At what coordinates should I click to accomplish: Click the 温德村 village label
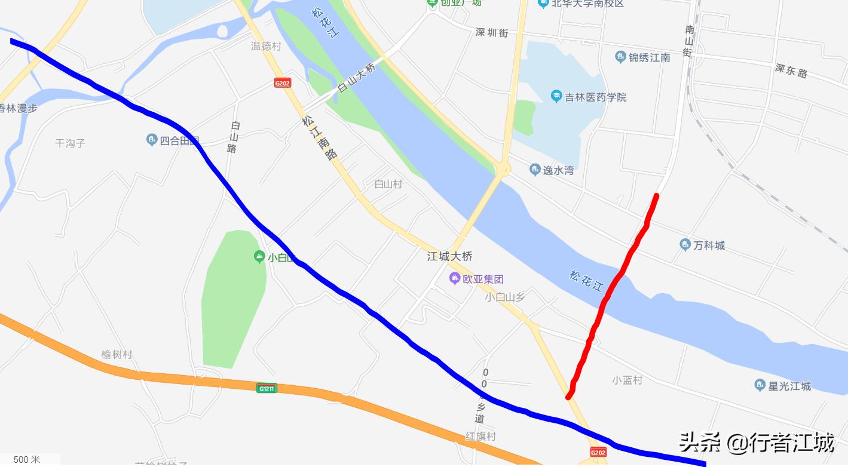tap(266, 46)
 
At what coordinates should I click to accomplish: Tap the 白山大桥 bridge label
tap(357, 78)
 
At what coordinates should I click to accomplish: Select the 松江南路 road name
tap(320, 138)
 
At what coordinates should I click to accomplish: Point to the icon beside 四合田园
tap(152, 140)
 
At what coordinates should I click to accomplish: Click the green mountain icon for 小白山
tap(259, 257)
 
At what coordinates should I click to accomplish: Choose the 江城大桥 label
tap(449, 256)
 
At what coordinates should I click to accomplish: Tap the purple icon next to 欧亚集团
tap(455, 278)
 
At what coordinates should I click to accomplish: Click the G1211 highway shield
tap(267, 388)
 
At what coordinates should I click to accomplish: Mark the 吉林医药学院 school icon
tap(556, 96)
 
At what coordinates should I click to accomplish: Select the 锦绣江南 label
tap(649, 57)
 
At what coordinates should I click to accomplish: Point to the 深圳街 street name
tap(491, 33)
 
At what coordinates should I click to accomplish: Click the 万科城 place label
tap(709, 245)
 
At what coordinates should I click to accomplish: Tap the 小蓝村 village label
tap(627, 380)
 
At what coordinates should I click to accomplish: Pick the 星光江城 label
tap(789, 386)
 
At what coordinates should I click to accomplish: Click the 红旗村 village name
tap(480, 437)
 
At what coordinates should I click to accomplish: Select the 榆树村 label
tap(117, 354)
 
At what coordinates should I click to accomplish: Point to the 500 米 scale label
tap(27, 459)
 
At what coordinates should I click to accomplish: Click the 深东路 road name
tap(791, 70)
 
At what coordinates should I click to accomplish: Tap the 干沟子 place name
tap(71, 143)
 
